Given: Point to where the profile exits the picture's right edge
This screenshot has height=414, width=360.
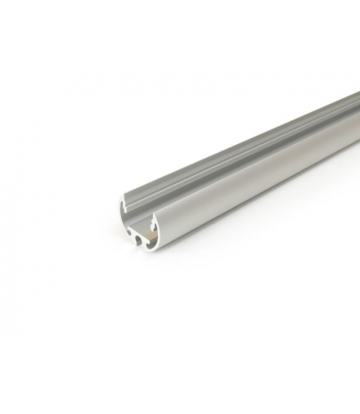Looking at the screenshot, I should (x=358, y=123).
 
